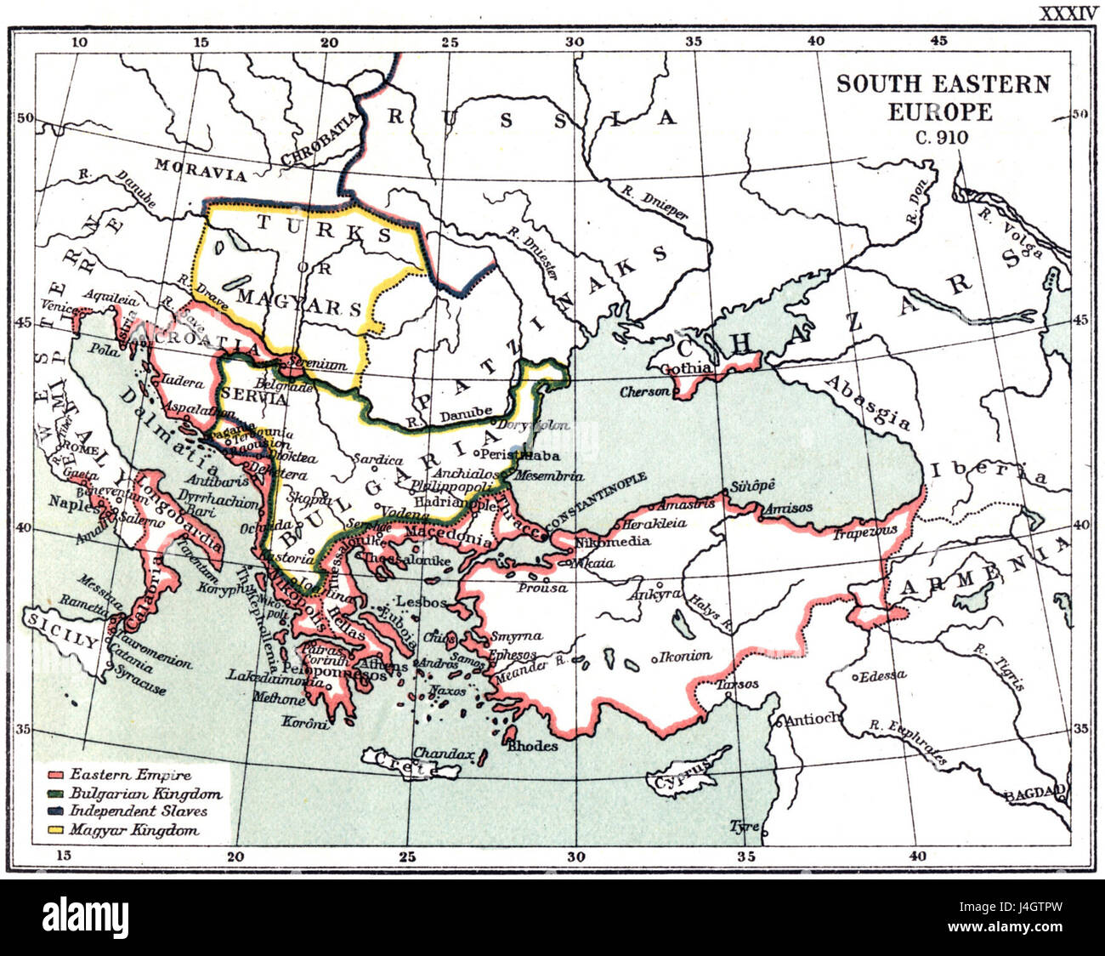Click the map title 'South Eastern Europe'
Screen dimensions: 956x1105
tap(943, 97)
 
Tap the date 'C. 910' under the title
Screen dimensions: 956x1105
tap(941, 137)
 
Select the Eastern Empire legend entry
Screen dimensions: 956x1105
tap(130, 775)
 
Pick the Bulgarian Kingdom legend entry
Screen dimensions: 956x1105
tap(145, 794)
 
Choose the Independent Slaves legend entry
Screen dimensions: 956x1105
tap(138, 811)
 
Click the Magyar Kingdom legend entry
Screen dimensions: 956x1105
tap(134, 830)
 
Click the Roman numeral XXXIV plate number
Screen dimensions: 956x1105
tap(1067, 13)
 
